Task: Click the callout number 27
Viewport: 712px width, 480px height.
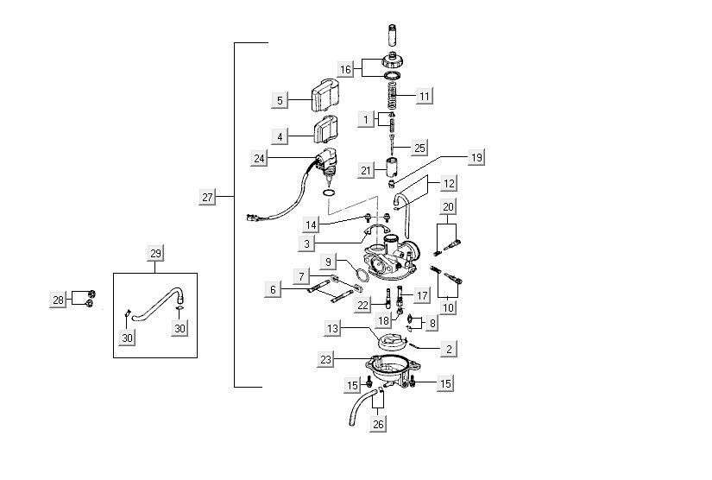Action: coord(207,198)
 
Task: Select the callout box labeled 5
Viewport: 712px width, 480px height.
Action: coord(280,101)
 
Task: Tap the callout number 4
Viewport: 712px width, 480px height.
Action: coord(280,136)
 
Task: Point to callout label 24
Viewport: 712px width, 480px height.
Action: coord(260,158)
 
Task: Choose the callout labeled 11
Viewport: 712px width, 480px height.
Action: coord(425,96)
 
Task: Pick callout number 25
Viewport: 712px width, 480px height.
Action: coord(419,148)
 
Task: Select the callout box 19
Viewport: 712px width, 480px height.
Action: coord(476,158)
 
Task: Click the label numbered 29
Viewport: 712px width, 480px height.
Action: coord(155,253)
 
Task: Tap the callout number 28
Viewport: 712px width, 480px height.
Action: coord(59,300)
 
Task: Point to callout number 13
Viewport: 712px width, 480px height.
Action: coord(333,329)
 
